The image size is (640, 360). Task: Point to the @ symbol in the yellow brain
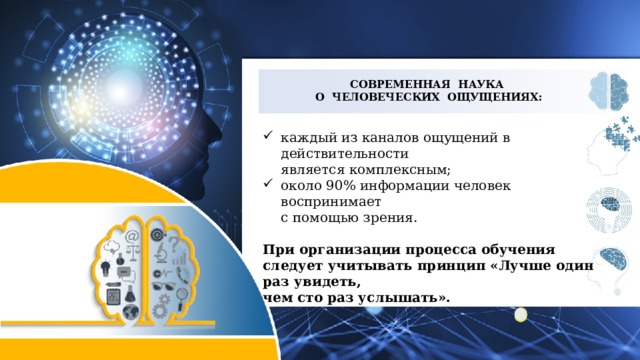(131, 236)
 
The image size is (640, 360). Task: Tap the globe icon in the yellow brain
(131, 312)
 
